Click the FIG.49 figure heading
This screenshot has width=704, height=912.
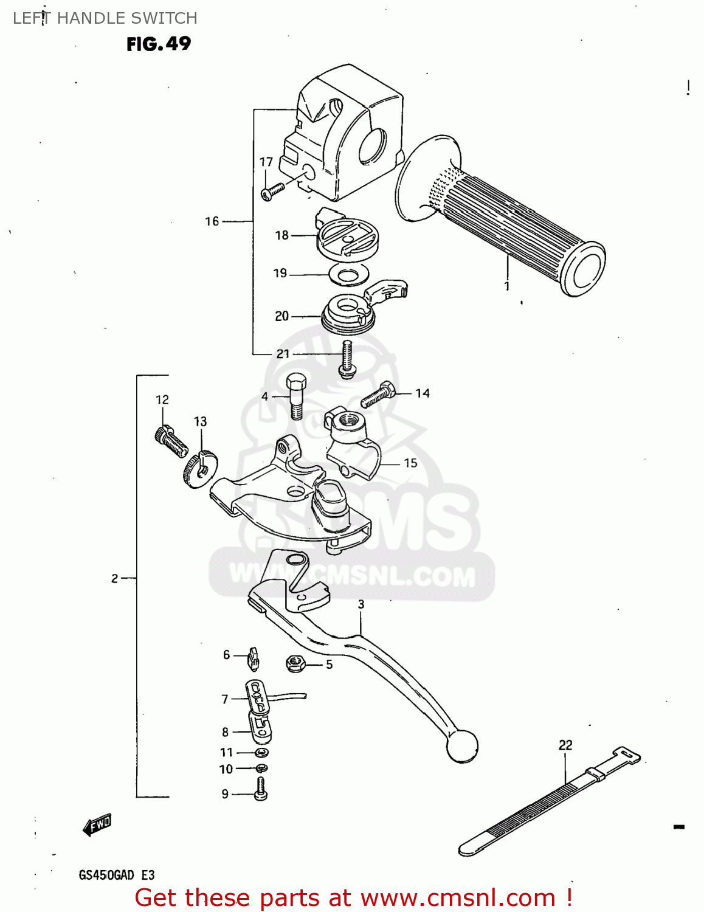click(x=159, y=44)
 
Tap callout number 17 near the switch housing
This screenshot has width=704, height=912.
click(x=266, y=162)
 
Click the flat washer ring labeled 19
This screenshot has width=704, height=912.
click(x=348, y=275)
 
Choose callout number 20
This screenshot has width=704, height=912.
click(x=281, y=316)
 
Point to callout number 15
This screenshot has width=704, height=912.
click(x=411, y=463)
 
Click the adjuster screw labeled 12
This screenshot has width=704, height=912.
click(x=171, y=441)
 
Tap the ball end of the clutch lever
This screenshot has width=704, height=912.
click(x=462, y=745)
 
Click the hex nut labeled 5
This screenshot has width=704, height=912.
click(x=295, y=663)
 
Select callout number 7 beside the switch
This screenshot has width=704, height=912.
click(x=225, y=699)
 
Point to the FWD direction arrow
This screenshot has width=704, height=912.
click(x=97, y=825)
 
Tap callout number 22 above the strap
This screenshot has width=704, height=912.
click(x=565, y=745)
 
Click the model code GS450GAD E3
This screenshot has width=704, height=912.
click(x=117, y=876)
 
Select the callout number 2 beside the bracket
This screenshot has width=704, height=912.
click(x=115, y=578)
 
